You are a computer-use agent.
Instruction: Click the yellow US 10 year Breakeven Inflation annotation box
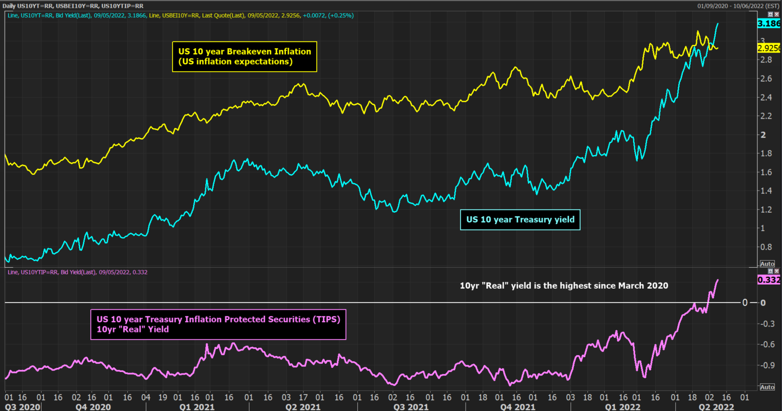244,57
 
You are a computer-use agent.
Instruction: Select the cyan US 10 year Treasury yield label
520,219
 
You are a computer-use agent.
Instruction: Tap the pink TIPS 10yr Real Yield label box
218,324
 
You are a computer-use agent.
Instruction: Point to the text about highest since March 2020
564,286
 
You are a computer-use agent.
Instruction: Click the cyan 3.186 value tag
769,24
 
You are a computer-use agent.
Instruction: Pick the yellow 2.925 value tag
769,48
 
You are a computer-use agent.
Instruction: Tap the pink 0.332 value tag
769,280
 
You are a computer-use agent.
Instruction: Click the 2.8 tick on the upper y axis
766,60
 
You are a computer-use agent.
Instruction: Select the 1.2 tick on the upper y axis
766,210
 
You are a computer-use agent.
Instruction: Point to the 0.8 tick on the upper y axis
766,247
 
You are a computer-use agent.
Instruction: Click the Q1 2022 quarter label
623,407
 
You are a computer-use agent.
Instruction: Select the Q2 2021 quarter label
303,407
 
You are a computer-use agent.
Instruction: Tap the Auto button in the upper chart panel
767,264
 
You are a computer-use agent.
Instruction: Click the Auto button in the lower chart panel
767,387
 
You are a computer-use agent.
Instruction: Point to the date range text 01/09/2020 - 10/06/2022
738,6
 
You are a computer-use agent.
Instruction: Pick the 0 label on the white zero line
745,303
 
